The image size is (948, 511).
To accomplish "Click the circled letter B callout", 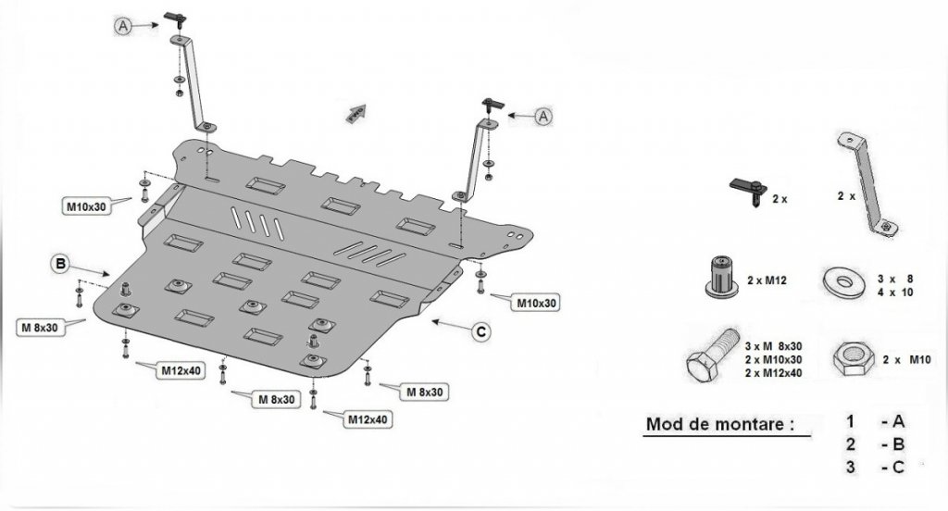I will tap(60, 265).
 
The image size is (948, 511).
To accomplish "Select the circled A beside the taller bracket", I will tap(123, 27).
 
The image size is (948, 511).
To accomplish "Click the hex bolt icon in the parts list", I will tap(707, 357).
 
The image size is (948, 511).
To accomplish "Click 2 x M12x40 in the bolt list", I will tap(773, 373).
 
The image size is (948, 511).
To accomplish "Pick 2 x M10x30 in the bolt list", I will tap(773, 359).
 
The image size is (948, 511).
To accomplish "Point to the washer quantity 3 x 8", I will tap(896, 278).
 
